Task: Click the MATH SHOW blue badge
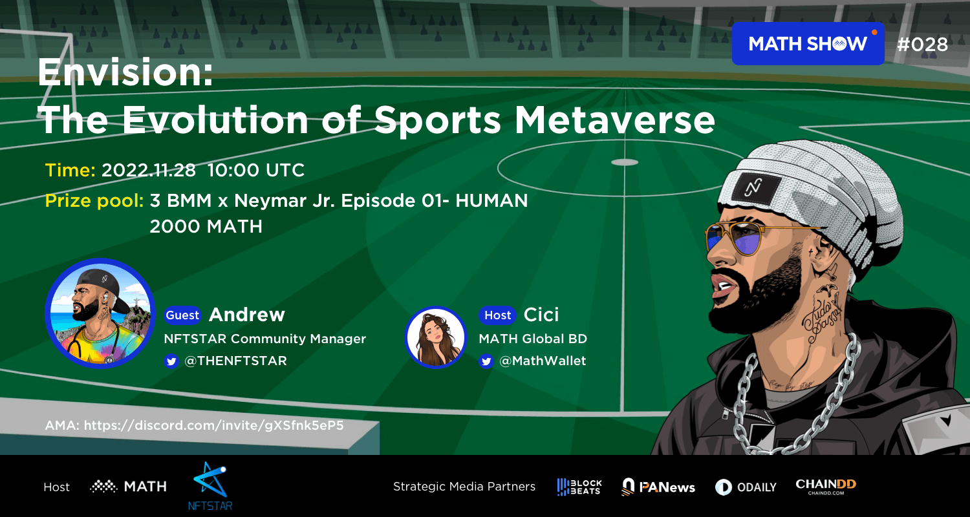[808, 44]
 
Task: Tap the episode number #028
[922, 45]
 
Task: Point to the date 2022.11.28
[149, 171]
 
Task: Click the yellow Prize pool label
[94, 201]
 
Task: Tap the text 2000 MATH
[206, 227]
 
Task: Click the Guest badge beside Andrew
[182, 315]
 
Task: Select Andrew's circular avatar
[100, 313]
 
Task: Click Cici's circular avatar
[436, 337]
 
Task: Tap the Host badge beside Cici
[497, 315]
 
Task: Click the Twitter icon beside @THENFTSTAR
[171, 361]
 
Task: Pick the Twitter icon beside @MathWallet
[486, 361]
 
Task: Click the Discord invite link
[213, 425]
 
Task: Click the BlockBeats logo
[579, 487]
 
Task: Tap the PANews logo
[658, 487]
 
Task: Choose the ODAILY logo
[746, 487]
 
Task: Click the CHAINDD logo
[826, 486]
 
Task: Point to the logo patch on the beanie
[757, 187]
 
